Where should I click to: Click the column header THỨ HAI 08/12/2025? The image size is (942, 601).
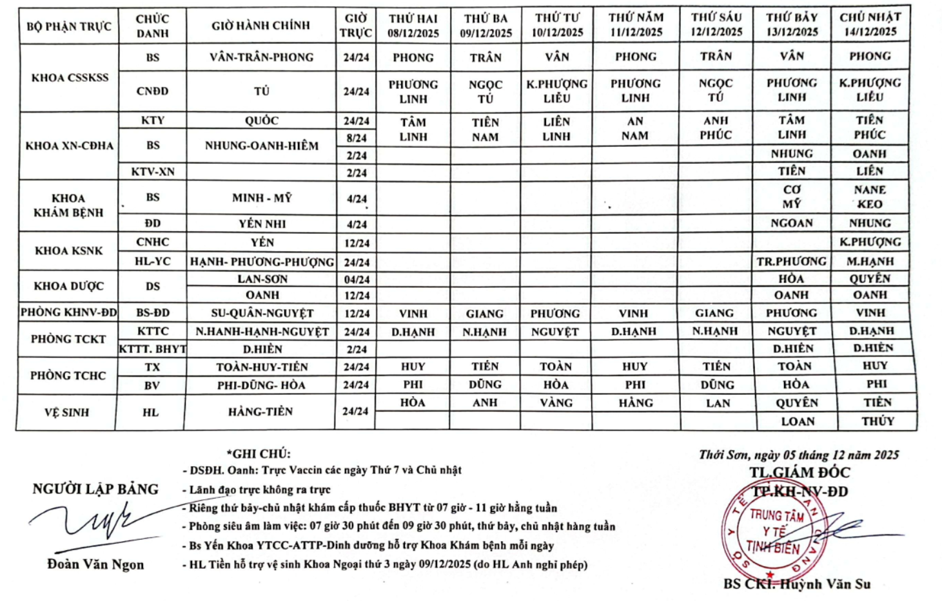[413, 26]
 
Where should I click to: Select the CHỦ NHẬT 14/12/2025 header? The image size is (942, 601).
[870, 24]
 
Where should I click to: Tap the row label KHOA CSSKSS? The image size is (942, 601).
[70, 78]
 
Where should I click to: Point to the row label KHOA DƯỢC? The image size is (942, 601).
[68, 286]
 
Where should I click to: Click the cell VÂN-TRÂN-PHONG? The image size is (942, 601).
[261, 57]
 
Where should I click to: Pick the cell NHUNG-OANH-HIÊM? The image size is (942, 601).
[261, 146]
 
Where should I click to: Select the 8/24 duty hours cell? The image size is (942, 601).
[356, 138]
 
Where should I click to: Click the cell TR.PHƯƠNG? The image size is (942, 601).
[791, 261]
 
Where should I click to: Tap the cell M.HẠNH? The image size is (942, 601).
[870, 261]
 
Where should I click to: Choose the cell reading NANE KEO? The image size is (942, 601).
[870, 197]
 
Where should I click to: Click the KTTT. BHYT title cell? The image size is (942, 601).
[152, 349]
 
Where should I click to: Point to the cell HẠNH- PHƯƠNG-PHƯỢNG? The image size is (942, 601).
[261, 262]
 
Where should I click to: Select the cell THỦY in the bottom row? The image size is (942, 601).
[878, 421]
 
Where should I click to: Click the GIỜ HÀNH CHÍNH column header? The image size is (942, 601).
[260, 26]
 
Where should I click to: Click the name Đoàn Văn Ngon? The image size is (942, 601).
[95, 564]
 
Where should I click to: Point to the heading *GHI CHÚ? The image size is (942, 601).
[258, 453]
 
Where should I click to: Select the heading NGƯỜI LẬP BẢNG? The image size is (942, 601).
[95, 490]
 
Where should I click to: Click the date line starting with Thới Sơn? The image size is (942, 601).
[798, 455]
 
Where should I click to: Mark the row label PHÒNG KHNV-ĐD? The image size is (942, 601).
[68, 313]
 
